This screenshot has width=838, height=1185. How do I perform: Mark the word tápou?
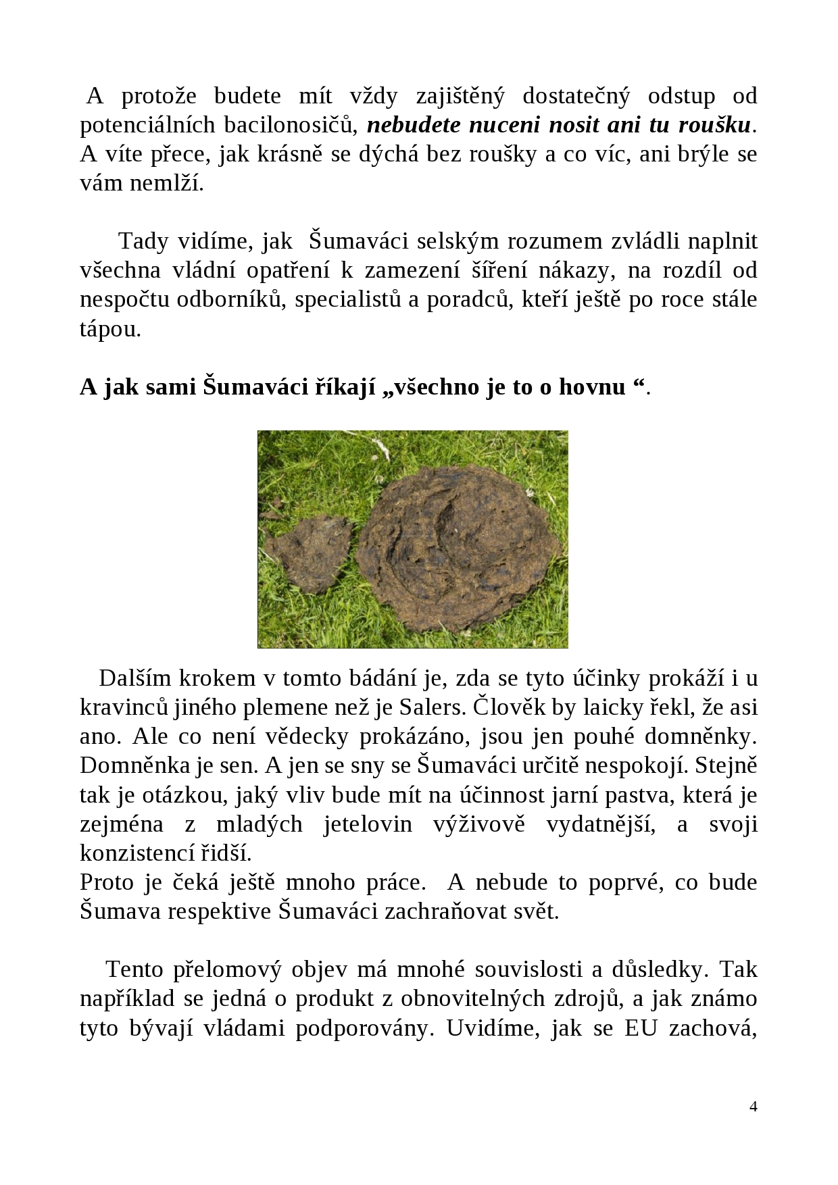pos(110,329)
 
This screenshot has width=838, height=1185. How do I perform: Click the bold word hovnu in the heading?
pos(592,386)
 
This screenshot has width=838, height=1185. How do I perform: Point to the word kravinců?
pos(123,707)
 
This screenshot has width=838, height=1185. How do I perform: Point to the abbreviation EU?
pos(641,1028)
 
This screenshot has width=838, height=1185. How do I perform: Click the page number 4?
pos(754,1107)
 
